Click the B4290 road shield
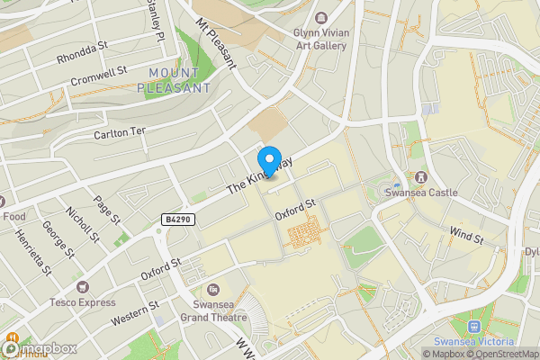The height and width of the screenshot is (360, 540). [x=178, y=219]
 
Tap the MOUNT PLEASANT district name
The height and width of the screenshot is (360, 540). [x=175, y=81]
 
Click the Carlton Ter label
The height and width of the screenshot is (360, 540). [x=120, y=131]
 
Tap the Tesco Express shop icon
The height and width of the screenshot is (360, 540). [x=83, y=286]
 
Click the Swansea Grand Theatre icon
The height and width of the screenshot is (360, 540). [x=212, y=289]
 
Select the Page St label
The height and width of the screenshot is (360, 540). [x=107, y=208]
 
